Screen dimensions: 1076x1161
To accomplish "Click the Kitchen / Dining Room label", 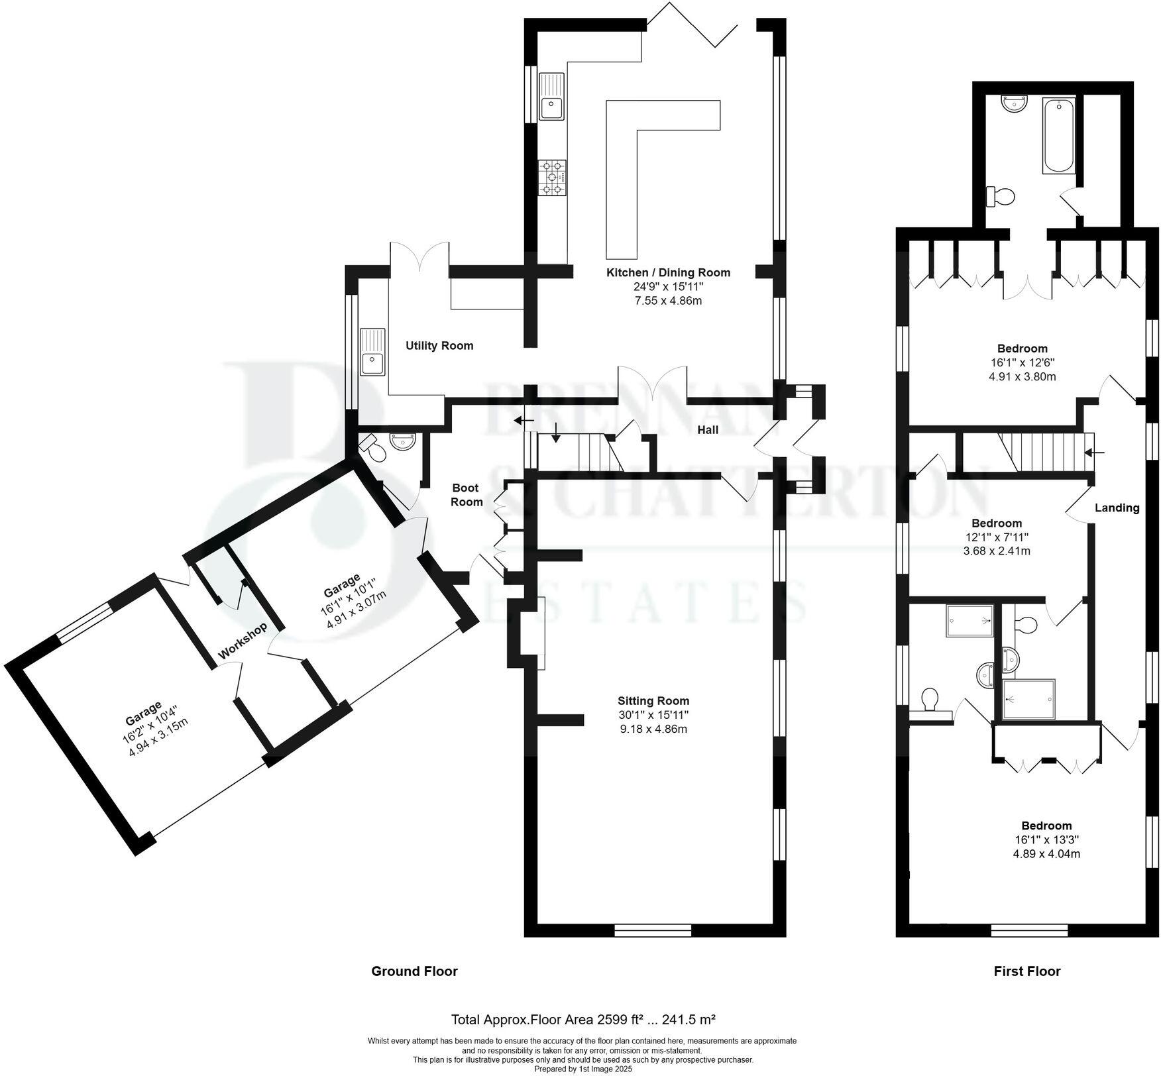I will tap(668, 272).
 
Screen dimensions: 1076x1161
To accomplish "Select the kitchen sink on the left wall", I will tap(551, 97).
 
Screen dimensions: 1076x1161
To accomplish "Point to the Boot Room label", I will tap(467, 495).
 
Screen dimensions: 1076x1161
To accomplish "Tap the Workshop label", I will tap(243, 641).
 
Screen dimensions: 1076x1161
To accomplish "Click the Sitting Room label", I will tap(653, 700).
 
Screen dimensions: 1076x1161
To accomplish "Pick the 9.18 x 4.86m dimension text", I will tap(653, 729).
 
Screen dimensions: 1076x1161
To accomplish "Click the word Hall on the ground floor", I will tap(708, 430).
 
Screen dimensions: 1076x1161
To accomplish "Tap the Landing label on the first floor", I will tap(1117, 508).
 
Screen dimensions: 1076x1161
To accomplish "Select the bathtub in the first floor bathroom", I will tap(1058, 136).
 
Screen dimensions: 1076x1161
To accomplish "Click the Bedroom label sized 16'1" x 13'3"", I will tap(1046, 826).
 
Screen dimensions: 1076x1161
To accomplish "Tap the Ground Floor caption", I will tap(414, 971).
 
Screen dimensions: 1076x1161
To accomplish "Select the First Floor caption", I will tap(1027, 971).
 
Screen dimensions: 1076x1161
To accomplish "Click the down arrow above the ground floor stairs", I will tap(555, 437).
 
